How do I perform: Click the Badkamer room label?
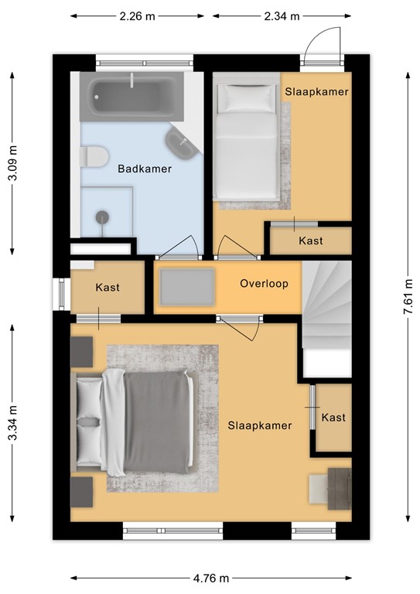145,169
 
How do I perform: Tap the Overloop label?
264,283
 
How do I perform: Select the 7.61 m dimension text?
408,296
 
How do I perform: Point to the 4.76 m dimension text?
211,578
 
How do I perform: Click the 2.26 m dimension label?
137,16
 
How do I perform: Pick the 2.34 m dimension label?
282,16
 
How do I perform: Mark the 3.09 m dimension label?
12,163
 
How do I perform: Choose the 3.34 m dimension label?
12,422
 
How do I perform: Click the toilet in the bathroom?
94,156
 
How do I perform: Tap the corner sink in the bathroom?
183,143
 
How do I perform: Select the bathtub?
131,97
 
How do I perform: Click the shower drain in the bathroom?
102,217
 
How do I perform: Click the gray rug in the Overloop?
186,287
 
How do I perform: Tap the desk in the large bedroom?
340,489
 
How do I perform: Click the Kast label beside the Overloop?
108,287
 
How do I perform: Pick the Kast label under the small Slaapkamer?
311,241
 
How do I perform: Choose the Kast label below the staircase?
333,418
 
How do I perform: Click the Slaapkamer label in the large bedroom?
260,425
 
